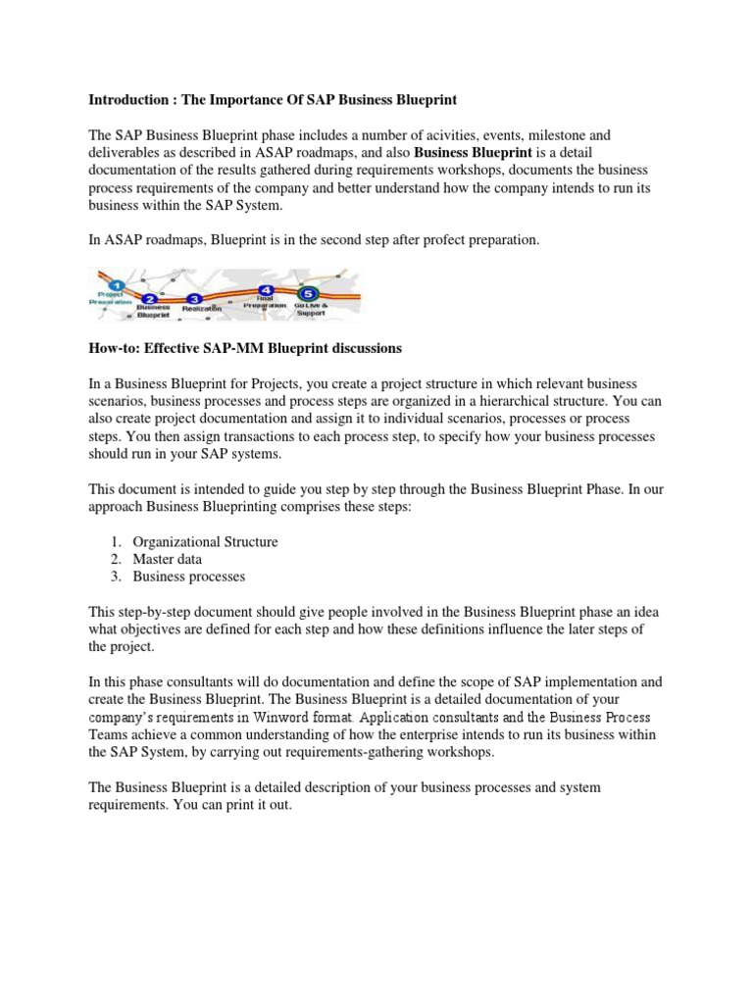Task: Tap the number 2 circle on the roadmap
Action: click(148, 299)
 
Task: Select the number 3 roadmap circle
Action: click(195, 298)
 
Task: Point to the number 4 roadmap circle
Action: click(266, 290)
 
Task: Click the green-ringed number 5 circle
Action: click(310, 292)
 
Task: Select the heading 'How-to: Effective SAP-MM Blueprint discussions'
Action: click(245, 348)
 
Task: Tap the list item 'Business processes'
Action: click(188, 577)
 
